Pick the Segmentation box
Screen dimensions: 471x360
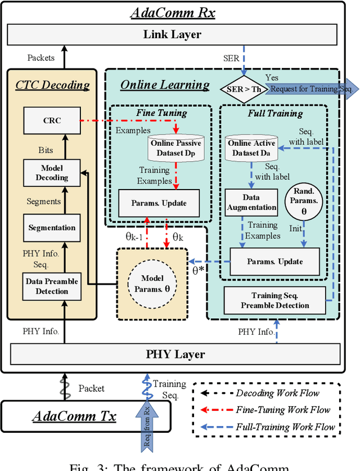(52, 227)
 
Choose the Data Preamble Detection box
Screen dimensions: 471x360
(52, 286)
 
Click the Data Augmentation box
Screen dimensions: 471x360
(251, 202)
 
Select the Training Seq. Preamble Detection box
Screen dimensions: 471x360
(275, 300)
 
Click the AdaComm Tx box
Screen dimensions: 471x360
(74, 416)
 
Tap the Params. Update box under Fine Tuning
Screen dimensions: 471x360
(159, 203)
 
